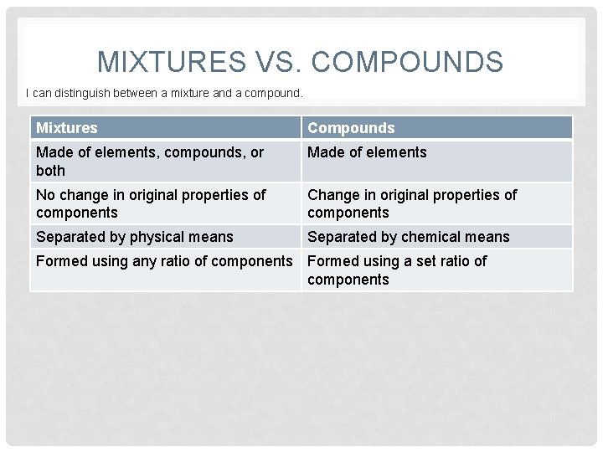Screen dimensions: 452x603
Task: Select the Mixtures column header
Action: (x=67, y=128)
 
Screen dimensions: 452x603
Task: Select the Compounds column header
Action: (x=351, y=128)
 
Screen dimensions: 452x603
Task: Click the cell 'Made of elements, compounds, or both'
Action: (x=150, y=161)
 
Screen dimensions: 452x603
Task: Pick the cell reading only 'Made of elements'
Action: (x=367, y=152)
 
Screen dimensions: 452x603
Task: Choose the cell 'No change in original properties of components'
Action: (x=151, y=203)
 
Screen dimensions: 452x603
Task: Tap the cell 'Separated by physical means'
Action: (x=135, y=237)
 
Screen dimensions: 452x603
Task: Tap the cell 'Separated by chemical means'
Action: (x=408, y=237)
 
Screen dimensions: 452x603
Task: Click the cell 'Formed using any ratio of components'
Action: (x=164, y=261)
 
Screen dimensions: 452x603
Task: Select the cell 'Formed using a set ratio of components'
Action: (x=396, y=270)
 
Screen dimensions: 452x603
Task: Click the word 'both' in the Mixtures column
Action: (x=51, y=170)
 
